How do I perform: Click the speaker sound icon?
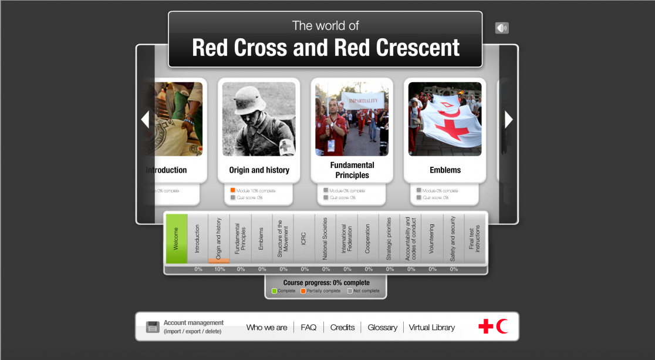[x=502, y=28]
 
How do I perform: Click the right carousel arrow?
[x=508, y=120]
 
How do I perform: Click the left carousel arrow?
[x=145, y=120]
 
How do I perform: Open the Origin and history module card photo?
[x=259, y=119]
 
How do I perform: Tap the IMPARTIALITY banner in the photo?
[x=362, y=100]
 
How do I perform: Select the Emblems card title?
[x=445, y=170]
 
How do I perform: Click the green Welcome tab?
[x=177, y=238]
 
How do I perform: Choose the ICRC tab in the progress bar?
[x=304, y=238]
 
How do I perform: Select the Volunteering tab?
[x=432, y=238]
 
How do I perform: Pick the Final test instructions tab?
[x=475, y=238]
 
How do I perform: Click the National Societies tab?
[x=325, y=238]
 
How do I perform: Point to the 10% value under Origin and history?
[x=220, y=270]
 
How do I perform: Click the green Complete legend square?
[x=274, y=291]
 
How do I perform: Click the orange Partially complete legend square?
[x=303, y=291]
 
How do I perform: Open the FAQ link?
[x=309, y=328]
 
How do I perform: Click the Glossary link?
[x=383, y=328]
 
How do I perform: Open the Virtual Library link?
[x=432, y=328]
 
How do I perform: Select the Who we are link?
[x=267, y=328]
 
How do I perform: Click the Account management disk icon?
[x=153, y=327]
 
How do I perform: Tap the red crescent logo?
[x=502, y=327]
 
